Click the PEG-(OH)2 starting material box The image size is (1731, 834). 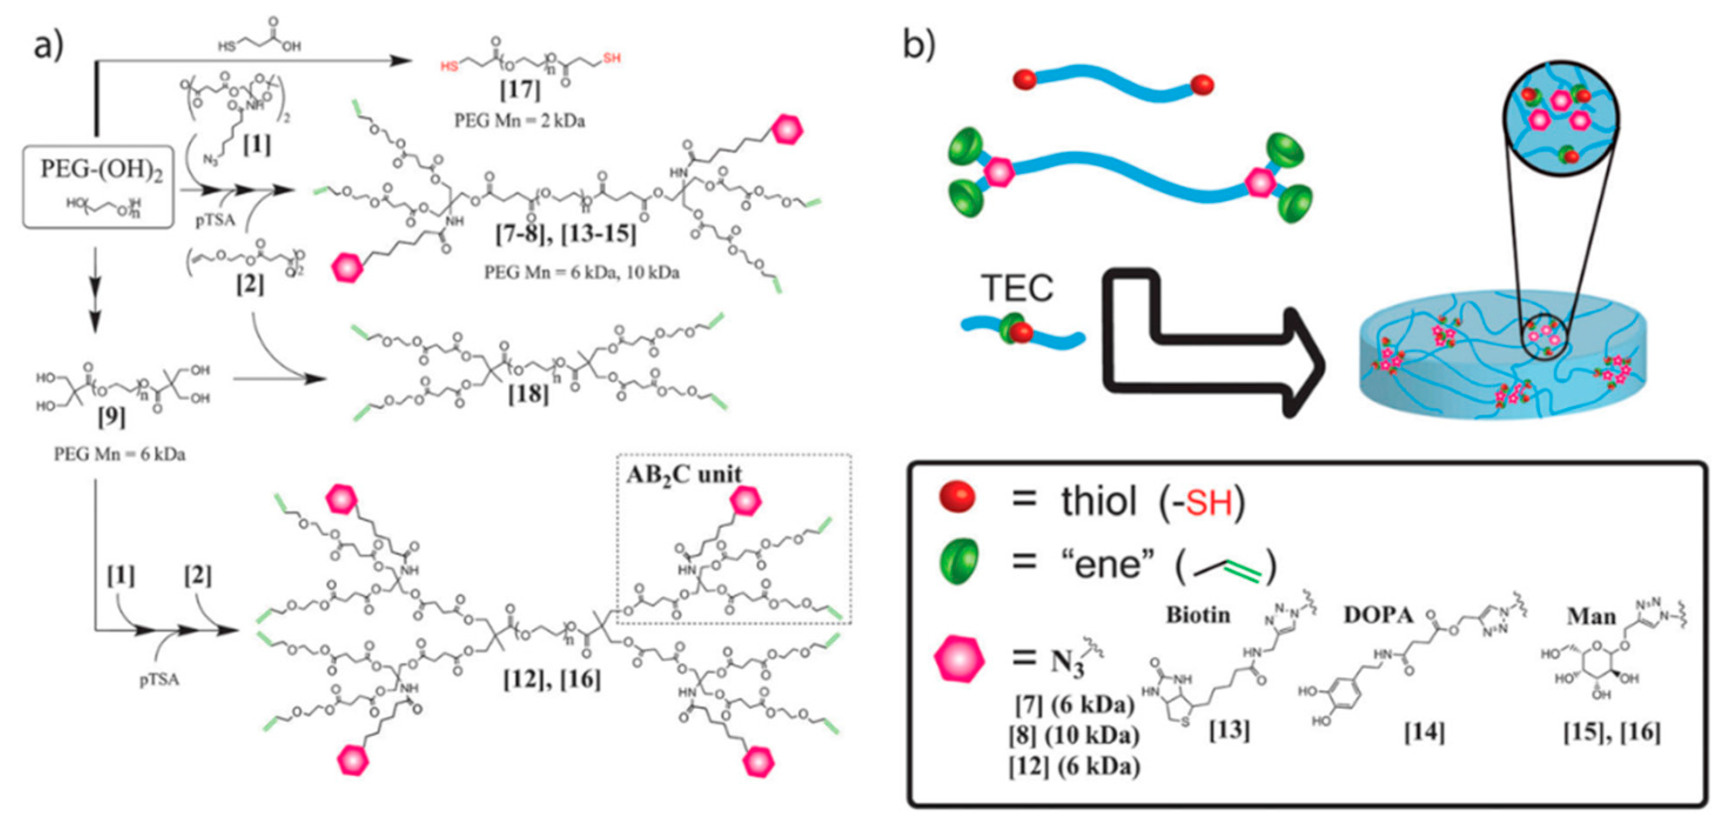(x=99, y=186)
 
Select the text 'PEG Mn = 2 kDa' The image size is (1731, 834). (x=519, y=121)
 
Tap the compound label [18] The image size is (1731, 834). (x=528, y=394)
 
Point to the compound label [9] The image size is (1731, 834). (x=111, y=418)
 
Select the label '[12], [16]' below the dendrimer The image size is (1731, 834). (x=552, y=680)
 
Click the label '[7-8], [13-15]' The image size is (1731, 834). (x=566, y=234)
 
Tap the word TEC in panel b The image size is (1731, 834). (x=1017, y=288)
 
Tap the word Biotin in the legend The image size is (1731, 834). (x=1198, y=614)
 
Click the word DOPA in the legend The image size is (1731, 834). (x=1377, y=615)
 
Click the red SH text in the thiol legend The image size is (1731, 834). (x=1209, y=503)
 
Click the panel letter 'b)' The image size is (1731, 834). (x=918, y=45)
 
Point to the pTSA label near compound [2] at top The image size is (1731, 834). (x=215, y=220)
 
